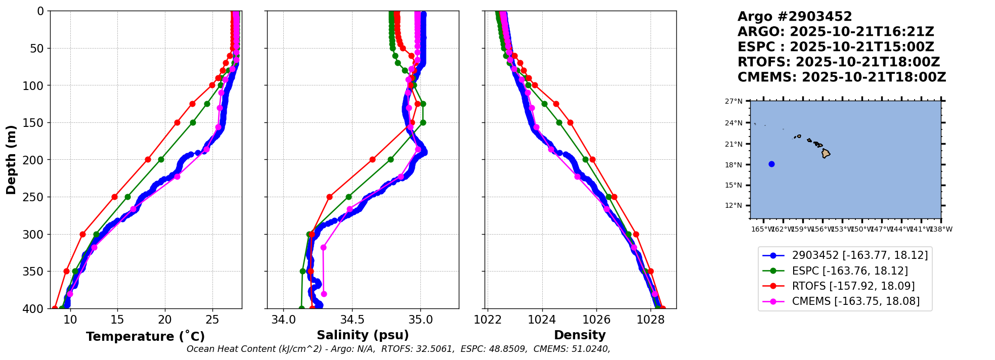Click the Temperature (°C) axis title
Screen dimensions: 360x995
point(145,337)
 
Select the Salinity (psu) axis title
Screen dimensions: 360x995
point(363,335)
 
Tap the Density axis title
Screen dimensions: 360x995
point(580,335)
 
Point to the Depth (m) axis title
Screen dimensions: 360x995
point(11,160)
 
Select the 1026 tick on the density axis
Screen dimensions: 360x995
point(596,320)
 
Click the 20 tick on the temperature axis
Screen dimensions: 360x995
point(165,320)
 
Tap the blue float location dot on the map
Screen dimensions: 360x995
point(771,164)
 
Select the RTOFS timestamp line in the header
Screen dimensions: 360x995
point(838,62)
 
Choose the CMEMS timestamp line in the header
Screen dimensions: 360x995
point(841,77)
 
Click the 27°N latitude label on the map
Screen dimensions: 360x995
point(733,102)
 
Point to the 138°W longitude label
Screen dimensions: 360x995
point(942,229)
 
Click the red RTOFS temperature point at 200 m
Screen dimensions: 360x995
point(148,160)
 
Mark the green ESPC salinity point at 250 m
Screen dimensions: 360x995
point(349,197)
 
